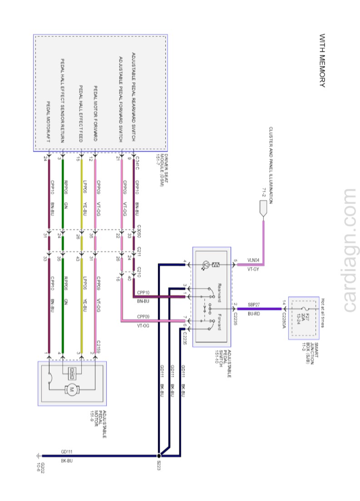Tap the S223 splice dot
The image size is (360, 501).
159,456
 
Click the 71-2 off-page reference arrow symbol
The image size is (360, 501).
263,209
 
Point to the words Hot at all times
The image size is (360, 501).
323,314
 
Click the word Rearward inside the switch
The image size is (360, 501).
219,293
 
